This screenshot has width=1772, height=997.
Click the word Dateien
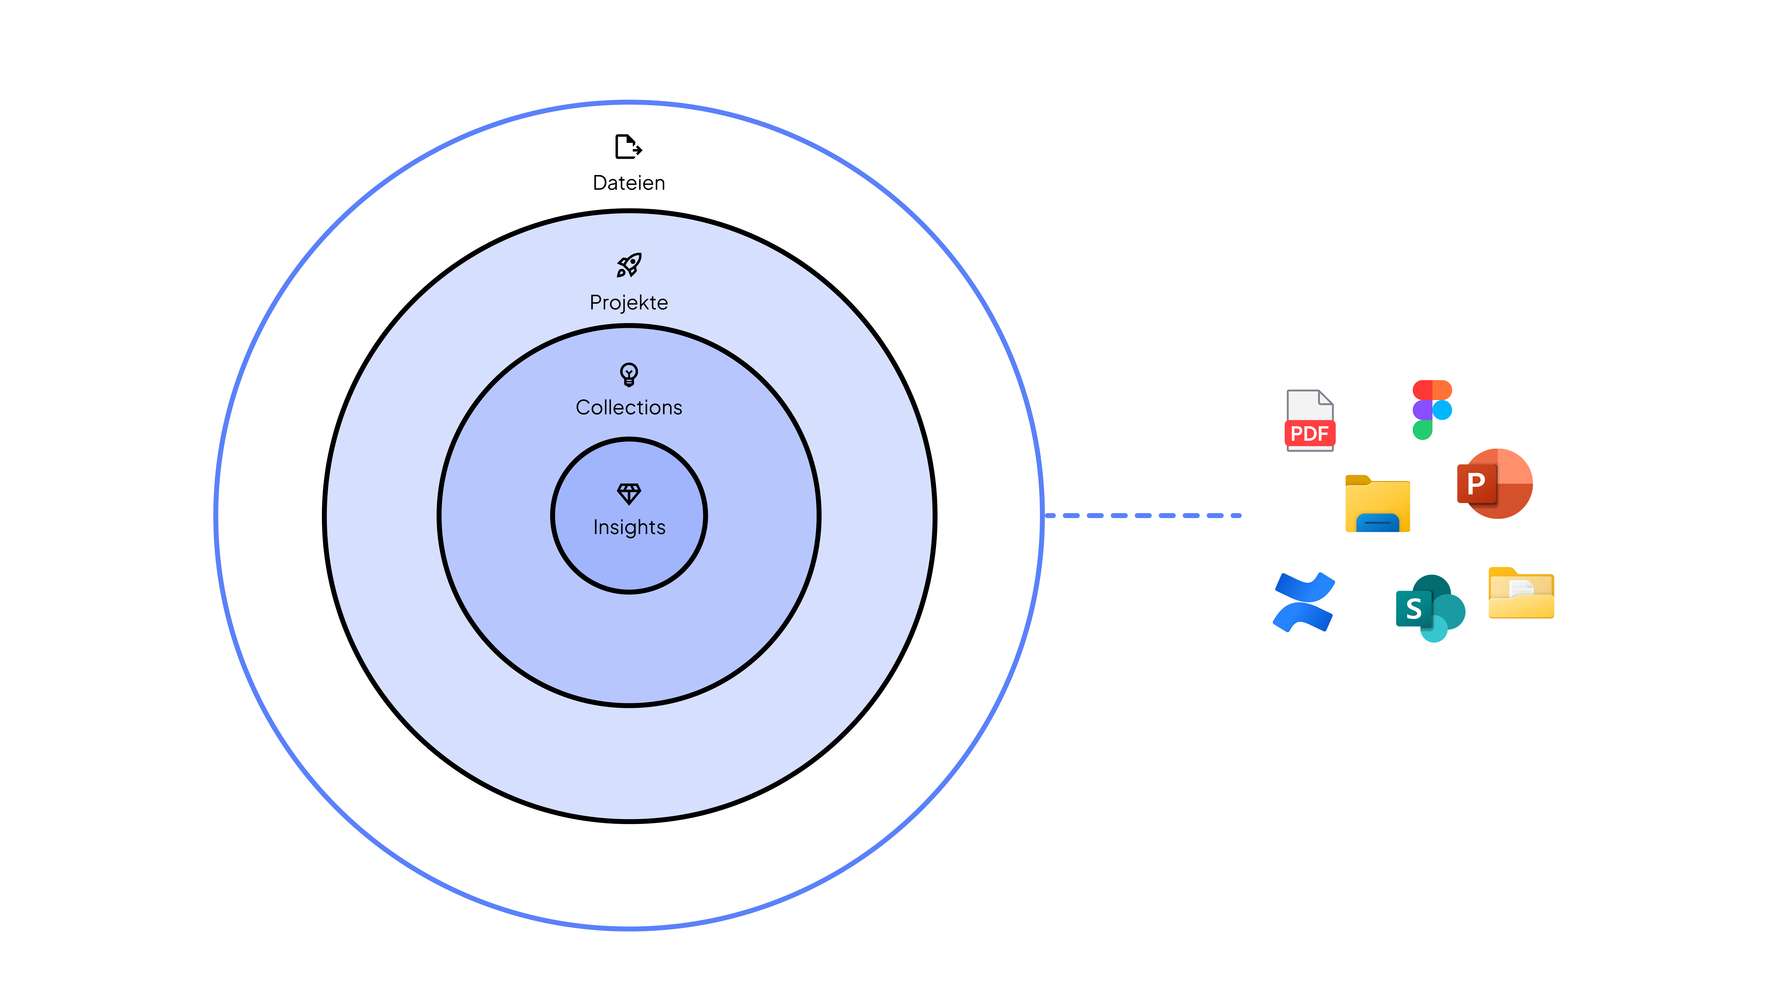pyautogui.click(x=629, y=183)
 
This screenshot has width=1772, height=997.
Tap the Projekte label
pyautogui.click(x=629, y=303)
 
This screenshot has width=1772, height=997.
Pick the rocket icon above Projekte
pyautogui.click(x=629, y=265)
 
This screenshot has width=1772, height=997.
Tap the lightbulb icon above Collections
pyautogui.click(x=629, y=374)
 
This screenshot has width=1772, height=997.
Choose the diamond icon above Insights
pyautogui.click(x=629, y=493)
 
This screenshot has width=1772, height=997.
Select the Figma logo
pyautogui.click(x=1432, y=409)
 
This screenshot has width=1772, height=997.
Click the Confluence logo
pyautogui.click(x=1304, y=602)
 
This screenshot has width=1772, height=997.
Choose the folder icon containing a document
pyautogui.click(x=1521, y=593)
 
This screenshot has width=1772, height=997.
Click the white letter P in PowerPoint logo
pyautogui.click(x=1476, y=484)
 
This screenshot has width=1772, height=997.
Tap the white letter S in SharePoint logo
pyautogui.click(x=1414, y=609)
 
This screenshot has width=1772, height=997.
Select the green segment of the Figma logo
pyautogui.click(x=1422, y=430)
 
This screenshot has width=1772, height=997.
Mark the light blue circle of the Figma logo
pyautogui.click(x=1442, y=410)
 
